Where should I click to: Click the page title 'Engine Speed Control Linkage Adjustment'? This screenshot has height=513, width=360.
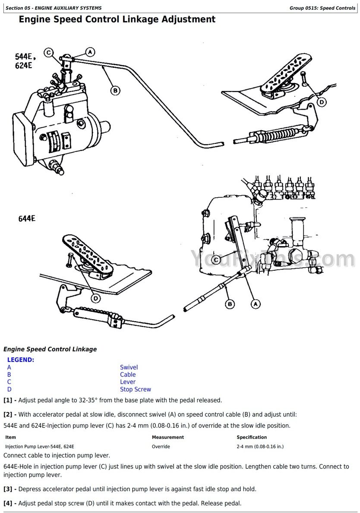(x=117, y=19)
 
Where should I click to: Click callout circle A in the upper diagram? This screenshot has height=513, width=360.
(x=90, y=52)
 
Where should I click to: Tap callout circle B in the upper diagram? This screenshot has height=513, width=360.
(x=115, y=90)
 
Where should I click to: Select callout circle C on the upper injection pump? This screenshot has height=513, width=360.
(x=49, y=53)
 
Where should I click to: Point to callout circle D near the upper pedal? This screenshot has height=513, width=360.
(x=322, y=102)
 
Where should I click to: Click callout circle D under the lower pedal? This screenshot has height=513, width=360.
(x=96, y=298)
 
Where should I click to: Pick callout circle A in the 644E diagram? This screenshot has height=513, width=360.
(x=256, y=304)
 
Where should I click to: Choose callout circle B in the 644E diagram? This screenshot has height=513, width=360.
(x=230, y=304)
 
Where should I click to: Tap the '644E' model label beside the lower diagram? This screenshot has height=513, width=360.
(x=27, y=218)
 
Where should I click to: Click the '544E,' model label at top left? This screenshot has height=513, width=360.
(x=26, y=57)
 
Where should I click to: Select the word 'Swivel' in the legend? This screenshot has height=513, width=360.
(x=129, y=367)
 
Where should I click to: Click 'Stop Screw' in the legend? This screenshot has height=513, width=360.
(x=136, y=389)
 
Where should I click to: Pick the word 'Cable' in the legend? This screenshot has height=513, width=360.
(x=128, y=375)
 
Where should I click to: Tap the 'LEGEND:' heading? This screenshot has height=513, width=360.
(x=21, y=360)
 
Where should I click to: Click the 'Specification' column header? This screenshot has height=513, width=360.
(x=252, y=437)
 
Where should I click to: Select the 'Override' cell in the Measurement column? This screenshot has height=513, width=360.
(x=161, y=446)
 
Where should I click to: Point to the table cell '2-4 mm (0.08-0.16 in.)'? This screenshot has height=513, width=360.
(x=260, y=446)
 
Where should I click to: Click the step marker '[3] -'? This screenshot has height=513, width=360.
(x=10, y=489)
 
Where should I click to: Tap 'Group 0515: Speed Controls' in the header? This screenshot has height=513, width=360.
(x=322, y=8)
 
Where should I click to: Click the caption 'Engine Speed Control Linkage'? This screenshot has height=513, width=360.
(x=50, y=349)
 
